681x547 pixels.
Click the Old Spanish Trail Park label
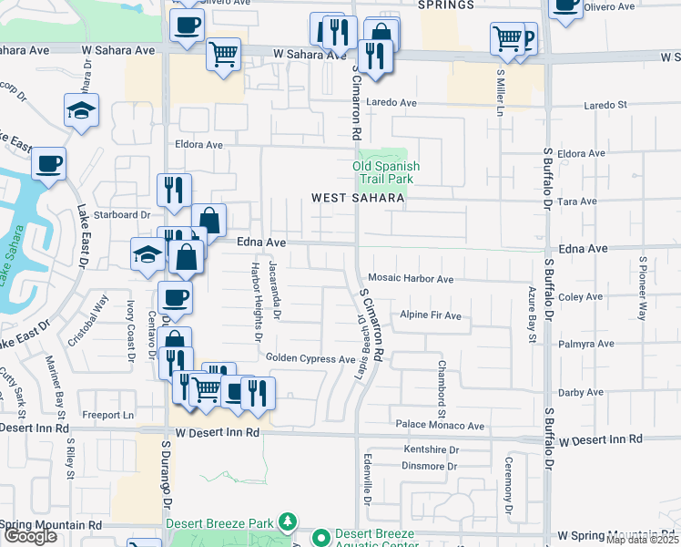tap(386, 172)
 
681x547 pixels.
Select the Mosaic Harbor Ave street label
tap(411, 279)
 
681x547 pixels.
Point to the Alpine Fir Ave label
tap(430, 316)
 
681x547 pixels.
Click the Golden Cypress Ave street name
tap(310, 359)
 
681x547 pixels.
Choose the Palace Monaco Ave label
tap(439, 426)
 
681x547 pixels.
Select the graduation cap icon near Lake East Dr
tap(81, 110)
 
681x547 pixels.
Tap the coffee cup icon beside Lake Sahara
tap(48, 165)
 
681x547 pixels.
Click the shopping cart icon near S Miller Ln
tap(507, 38)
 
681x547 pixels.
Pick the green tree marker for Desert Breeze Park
tap(289, 521)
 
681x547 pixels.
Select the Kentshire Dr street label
tap(431, 450)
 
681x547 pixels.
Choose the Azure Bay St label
tap(533, 313)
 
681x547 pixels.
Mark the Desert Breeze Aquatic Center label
tap(373, 538)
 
